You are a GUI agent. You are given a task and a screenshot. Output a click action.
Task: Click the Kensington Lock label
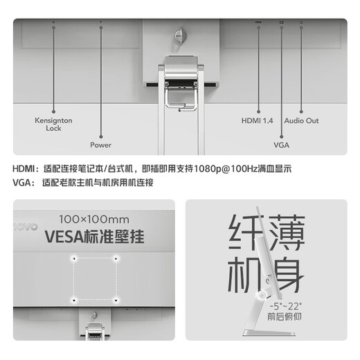(53, 124)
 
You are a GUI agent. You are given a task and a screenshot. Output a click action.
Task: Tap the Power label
(100, 145)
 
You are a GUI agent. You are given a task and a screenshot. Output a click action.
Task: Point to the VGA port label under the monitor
(282, 145)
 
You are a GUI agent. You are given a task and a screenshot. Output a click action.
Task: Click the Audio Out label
(301, 120)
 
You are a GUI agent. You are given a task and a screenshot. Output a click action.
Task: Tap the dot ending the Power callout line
(100, 137)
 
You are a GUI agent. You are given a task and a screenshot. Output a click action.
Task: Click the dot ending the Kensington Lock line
(53, 109)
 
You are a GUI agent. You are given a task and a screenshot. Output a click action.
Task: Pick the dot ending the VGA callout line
(282, 137)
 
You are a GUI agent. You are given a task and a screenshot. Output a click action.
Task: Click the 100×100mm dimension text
(94, 219)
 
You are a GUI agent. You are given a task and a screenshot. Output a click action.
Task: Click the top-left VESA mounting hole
(73, 259)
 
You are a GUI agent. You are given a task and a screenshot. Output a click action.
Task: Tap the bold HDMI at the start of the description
(25, 168)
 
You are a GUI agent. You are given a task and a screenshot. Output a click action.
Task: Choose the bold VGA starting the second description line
(23, 183)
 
